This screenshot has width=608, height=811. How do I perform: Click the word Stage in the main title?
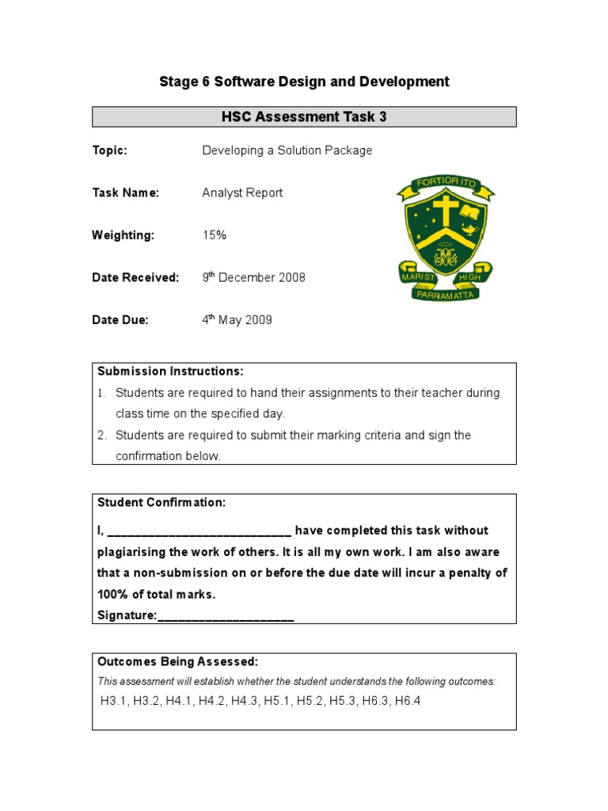tap(177, 82)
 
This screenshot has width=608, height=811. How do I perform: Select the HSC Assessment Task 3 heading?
tap(304, 117)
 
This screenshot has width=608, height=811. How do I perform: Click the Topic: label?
tap(109, 150)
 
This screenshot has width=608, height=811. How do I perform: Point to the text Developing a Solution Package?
tap(287, 150)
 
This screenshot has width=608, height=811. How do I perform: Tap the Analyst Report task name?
tap(242, 192)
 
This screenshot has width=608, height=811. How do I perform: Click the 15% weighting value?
tap(215, 235)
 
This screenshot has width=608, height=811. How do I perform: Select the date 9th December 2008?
tap(253, 277)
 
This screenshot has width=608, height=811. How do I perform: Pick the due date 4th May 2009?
tap(237, 320)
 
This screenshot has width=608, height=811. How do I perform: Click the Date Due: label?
tap(120, 320)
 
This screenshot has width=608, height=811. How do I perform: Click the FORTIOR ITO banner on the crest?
tap(446, 185)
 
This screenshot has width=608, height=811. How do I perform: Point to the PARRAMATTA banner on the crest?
tap(446, 294)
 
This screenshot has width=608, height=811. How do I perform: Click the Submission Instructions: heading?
tap(170, 371)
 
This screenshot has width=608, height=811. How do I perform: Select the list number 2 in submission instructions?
tap(101, 435)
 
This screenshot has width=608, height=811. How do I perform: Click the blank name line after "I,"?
tap(199, 531)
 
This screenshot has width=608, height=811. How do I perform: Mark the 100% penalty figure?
tap(113, 595)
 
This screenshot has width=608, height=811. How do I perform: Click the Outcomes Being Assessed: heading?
tap(177, 662)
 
